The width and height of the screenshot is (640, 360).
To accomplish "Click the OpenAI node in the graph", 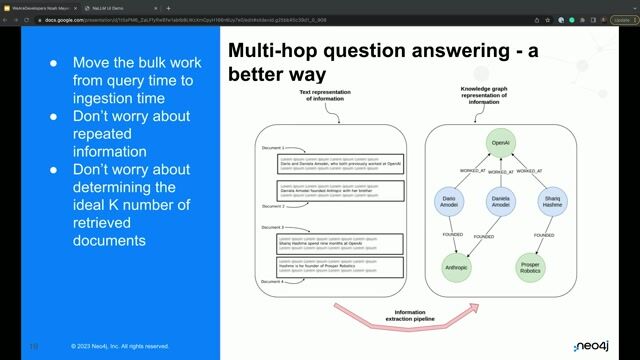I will [x=500, y=143].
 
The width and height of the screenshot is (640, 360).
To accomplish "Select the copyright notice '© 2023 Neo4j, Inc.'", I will [x=120, y=346].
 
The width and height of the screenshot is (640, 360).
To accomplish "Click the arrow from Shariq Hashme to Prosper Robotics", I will [x=545, y=240].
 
